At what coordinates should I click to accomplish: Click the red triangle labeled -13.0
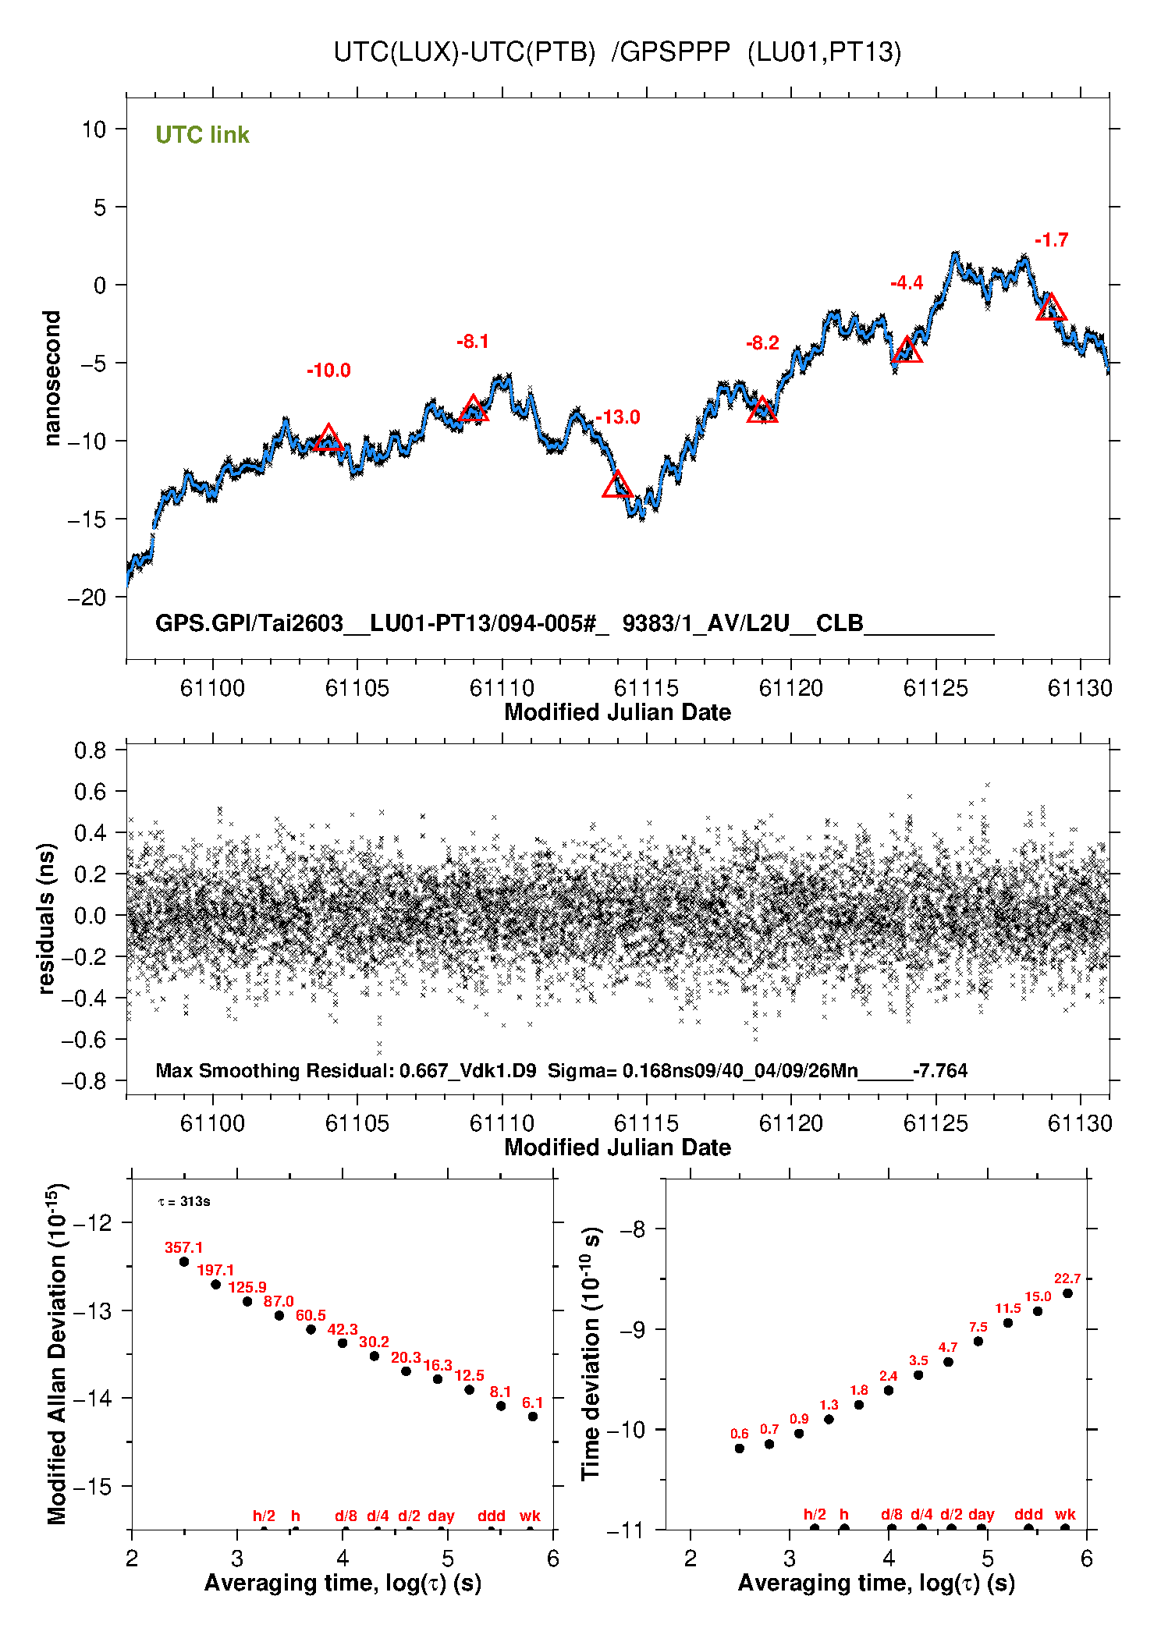click(x=617, y=484)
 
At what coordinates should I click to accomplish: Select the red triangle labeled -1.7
click(x=1051, y=307)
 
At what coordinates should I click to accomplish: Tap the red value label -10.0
click(x=328, y=371)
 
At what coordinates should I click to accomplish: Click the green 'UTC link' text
click(x=202, y=135)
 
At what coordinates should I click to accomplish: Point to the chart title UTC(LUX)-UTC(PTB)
click(x=464, y=51)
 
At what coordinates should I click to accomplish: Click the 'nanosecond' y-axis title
click(x=51, y=378)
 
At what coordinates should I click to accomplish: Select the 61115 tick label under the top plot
click(x=646, y=688)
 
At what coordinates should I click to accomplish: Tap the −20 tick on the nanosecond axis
click(x=87, y=598)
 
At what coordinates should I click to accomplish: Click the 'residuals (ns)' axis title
click(x=47, y=918)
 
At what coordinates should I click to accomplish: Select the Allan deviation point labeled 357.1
click(x=184, y=1261)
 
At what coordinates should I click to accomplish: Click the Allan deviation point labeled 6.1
click(x=533, y=1417)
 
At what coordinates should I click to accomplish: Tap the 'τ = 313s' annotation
click(x=184, y=1201)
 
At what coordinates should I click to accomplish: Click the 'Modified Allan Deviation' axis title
click(x=57, y=1353)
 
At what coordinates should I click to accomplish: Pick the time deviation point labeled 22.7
click(x=1067, y=1293)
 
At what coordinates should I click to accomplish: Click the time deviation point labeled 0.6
click(x=740, y=1449)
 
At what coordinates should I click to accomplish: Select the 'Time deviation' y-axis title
click(x=591, y=1354)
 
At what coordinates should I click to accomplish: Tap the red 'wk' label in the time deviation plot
click(x=1065, y=1514)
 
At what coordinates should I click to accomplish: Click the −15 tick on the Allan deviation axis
click(x=92, y=1487)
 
